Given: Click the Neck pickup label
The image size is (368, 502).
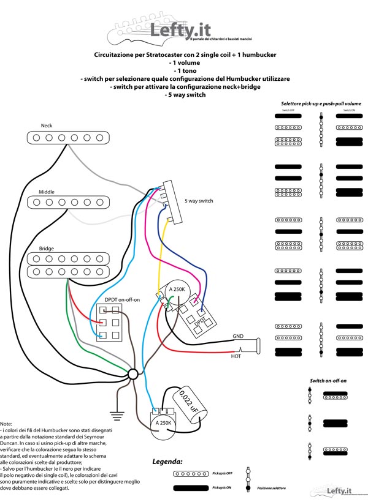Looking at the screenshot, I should (47, 125).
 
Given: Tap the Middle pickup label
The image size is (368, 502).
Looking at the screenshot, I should (47, 192).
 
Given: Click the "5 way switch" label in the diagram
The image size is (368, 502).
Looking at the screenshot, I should (199, 201).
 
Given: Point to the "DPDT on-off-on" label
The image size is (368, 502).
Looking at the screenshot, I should (122, 299).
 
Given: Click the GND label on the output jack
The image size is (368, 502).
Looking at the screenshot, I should (238, 336).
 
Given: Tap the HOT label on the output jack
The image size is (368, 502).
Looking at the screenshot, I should (236, 356).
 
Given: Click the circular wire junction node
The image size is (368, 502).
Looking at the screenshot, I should (133, 374).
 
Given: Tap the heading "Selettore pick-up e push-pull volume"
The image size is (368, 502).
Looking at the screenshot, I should (321, 104).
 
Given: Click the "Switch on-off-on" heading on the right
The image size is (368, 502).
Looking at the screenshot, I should (328, 381).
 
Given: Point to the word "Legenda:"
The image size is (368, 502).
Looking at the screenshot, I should (168, 461).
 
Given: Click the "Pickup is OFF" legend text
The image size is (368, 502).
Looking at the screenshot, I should (223, 473).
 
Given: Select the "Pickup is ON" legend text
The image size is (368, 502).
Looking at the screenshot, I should (223, 488).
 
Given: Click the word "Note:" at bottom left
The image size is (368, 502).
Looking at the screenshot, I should (6, 424).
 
